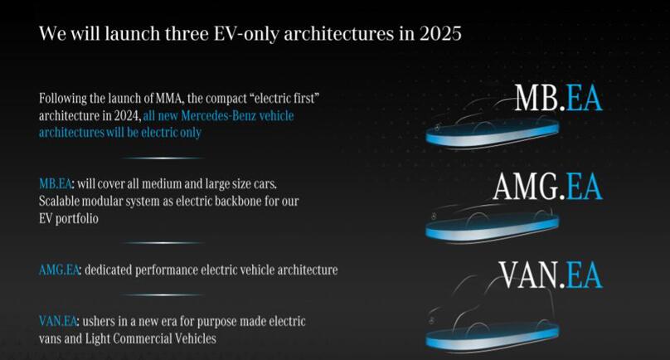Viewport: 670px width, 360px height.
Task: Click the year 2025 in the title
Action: click(x=440, y=33)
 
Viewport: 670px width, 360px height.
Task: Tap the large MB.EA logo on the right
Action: click(x=559, y=98)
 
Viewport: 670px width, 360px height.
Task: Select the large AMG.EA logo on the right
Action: click(x=547, y=187)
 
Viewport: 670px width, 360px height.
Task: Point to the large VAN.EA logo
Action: click(x=551, y=275)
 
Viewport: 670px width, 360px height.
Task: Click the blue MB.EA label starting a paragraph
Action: click(x=55, y=183)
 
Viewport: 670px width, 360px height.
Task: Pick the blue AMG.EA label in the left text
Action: click(x=59, y=270)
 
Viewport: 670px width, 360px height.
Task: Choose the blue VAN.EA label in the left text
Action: click(x=58, y=321)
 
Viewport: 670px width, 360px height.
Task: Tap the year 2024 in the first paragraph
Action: click(x=127, y=116)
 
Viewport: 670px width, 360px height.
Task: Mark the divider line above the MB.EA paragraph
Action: click(x=163, y=158)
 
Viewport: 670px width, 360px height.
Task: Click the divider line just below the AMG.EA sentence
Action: click(x=163, y=294)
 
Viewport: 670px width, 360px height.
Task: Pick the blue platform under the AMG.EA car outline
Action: click(x=493, y=227)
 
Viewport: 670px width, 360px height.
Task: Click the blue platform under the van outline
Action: click(x=493, y=336)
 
